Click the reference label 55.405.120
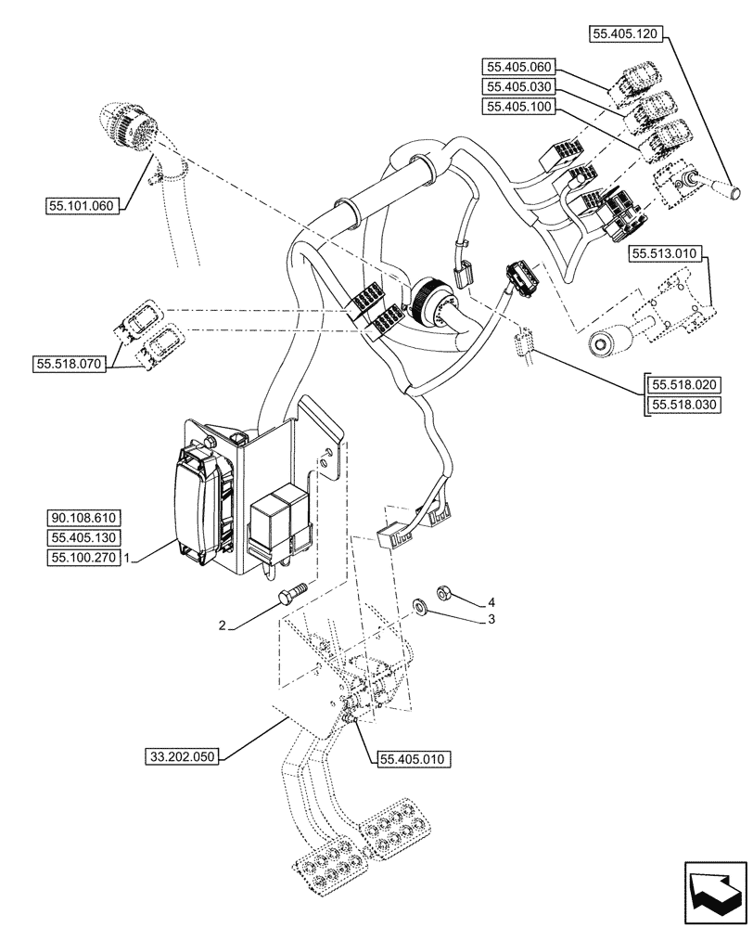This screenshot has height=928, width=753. point(623,34)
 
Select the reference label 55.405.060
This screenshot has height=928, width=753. point(517,66)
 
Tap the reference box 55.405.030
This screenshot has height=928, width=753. point(517,86)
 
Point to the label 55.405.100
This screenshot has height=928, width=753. point(517,107)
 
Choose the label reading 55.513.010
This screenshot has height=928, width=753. point(665,252)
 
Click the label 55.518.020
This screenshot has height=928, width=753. point(685,385)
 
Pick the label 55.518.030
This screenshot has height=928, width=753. point(685,406)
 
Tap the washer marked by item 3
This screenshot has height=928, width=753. point(418,609)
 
